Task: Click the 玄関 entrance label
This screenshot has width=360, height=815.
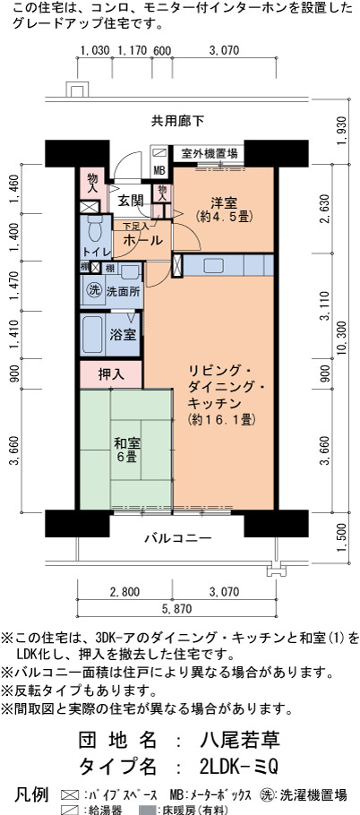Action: (x=131, y=201)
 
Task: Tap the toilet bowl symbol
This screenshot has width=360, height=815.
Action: (x=95, y=227)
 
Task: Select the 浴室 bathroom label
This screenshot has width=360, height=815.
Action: (x=124, y=335)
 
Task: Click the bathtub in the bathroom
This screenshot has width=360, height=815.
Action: (x=93, y=335)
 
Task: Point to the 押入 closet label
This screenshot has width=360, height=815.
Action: (x=111, y=374)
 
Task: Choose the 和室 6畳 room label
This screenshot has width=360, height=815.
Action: (x=125, y=451)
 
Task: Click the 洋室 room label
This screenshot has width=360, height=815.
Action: (x=225, y=209)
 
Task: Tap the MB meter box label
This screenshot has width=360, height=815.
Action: (x=159, y=169)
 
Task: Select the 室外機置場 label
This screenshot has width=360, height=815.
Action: (x=210, y=153)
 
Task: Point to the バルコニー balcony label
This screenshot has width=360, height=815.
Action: (x=177, y=537)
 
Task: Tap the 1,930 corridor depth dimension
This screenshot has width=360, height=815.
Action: (x=341, y=131)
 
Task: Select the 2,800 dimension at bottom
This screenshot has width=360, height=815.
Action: (x=124, y=591)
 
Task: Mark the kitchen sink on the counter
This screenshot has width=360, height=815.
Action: (x=213, y=266)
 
